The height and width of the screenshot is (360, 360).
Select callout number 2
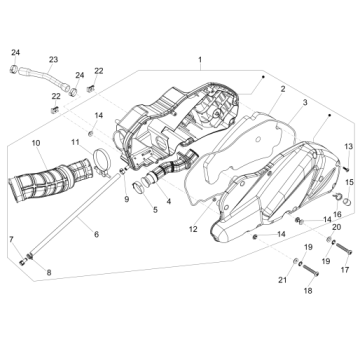tap(283, 89)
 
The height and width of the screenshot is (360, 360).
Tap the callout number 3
tap(305, 103)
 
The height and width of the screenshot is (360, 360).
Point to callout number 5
tap(155, 210)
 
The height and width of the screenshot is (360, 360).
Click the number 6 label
tap(96, 234)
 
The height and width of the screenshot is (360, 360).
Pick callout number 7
tap(11, 240)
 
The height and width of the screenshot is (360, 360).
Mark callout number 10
tap(35, 145)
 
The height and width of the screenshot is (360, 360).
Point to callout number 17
tap(345, 269)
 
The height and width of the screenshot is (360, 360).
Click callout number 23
tap(53, 60)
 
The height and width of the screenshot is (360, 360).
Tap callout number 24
tap(15, 51)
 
